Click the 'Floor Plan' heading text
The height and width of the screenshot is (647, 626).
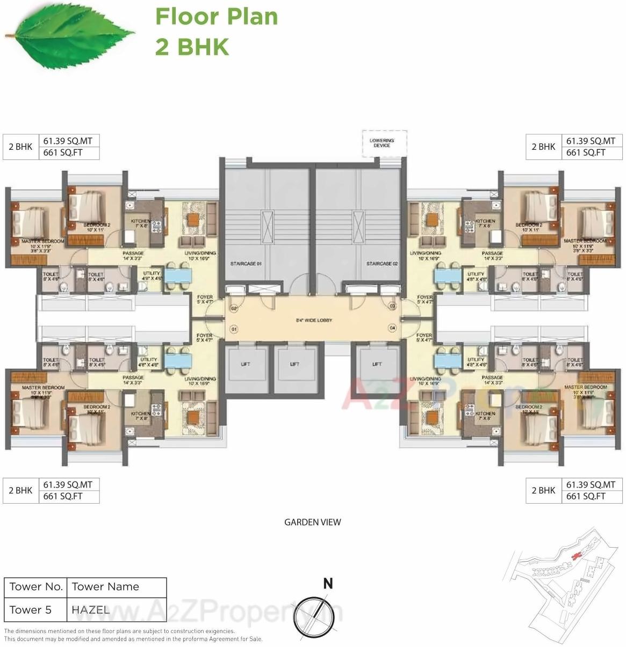tap(217, 17)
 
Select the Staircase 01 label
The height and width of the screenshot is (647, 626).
tap(246, 264)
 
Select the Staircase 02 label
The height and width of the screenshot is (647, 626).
tap(382, 264)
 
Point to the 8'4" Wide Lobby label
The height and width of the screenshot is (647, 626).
tap(314, 321)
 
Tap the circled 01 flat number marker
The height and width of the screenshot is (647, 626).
tap(233, 328)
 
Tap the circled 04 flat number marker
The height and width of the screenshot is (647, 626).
tap(392, 328)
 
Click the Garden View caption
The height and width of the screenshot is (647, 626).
tap(312, 522)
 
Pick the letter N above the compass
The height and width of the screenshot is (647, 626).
tap(328, 584)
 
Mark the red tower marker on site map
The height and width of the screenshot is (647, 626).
tap(578, 555)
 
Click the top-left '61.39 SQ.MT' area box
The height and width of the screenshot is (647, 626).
tap(68, 141)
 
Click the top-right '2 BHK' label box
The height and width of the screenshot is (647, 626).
tap(543, 147)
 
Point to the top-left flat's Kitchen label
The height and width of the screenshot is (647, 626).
tap(141, 221)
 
